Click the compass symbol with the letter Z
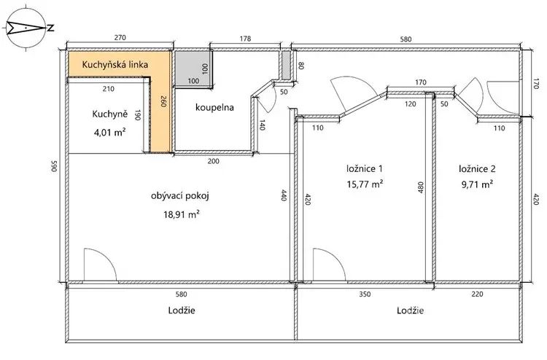tap(26, 28)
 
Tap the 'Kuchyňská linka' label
tap(115, 64)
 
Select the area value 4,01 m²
tap(109, 133)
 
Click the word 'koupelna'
tap(214, 107)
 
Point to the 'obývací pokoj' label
tap(180, 196)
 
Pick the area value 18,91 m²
tap(182, 214)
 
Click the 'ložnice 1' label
tap(365, 169)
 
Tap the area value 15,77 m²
tap(365, 184)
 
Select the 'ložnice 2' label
tap(477, 169)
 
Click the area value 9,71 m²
tap(477, 184)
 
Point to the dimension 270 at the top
tap(120, 38)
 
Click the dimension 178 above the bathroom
tap(245, 39)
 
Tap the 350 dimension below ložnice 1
tap(365, 294)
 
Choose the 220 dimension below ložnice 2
tap(477, 294)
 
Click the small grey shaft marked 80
tap(287, 65)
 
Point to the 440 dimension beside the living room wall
tap(284, 195)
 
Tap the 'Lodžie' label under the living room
tap(182, 310)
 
